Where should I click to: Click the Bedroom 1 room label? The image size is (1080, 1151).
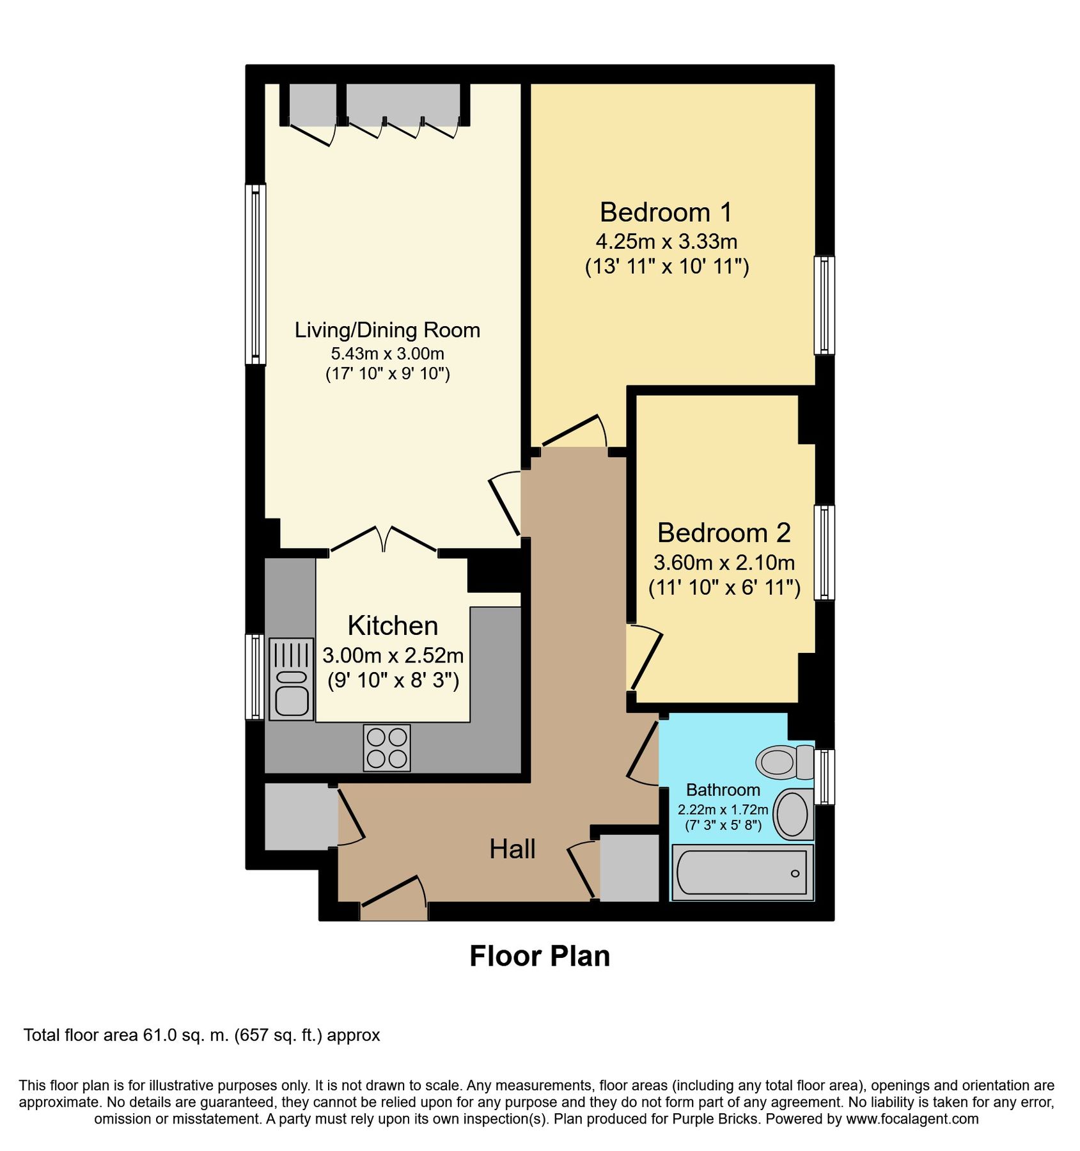pos(666,212)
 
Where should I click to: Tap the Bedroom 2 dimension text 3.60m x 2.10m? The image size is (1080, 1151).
pos(724,563)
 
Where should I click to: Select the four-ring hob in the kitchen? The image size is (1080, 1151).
pos(387,748)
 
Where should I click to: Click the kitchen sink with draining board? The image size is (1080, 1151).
pos(292,679)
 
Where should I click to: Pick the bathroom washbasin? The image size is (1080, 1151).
pos(793,813)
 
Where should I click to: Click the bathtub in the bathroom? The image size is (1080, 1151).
pos(742,872)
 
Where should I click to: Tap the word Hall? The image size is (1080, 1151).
pos(512,849)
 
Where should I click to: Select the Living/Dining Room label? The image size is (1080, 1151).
pos(387,330)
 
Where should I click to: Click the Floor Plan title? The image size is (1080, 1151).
pos(540,957)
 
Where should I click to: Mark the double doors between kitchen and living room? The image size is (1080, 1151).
pos(384,539)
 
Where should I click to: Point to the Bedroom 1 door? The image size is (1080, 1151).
pos(574,432)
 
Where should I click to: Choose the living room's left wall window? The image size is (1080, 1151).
pos(256,274)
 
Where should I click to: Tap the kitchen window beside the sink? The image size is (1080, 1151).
pos(255,677)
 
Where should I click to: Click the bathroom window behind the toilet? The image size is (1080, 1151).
pos(824,777)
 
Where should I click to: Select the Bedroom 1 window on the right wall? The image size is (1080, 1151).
pos(824,305)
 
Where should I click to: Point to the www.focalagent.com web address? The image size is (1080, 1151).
pos(912,1118)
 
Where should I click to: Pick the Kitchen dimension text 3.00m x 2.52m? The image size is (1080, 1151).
pos(393,655)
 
